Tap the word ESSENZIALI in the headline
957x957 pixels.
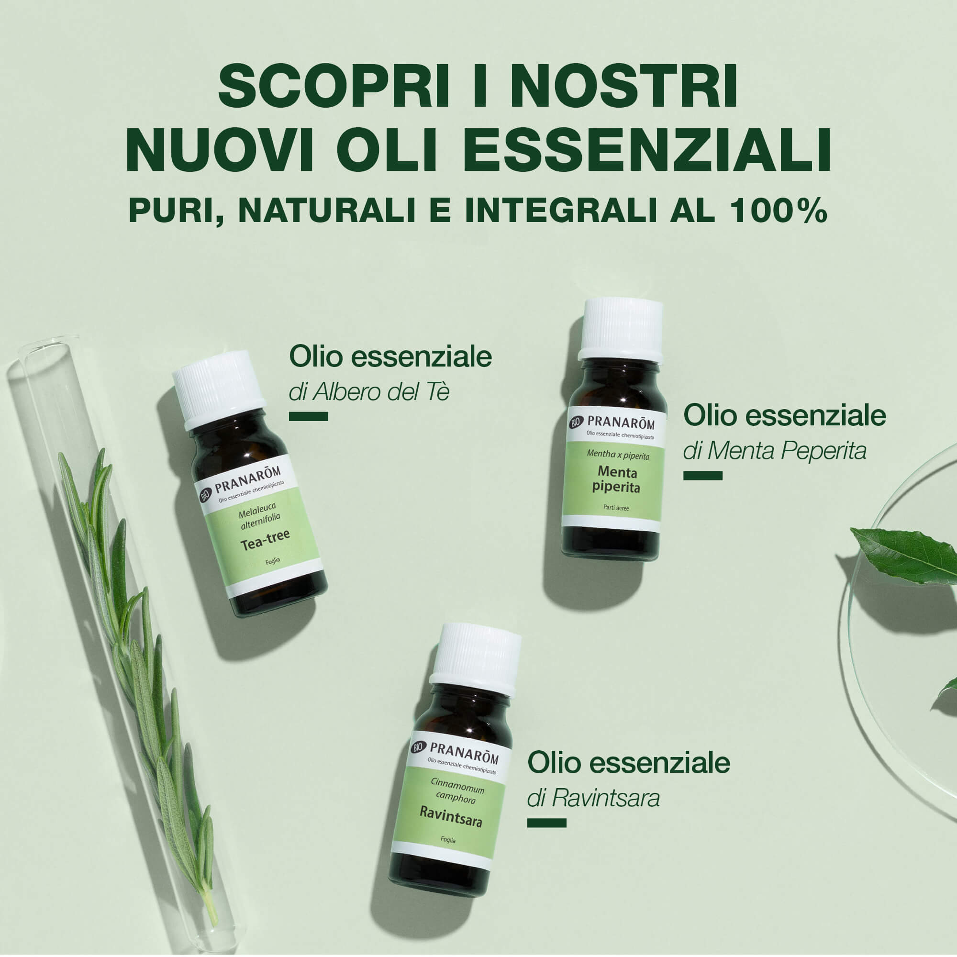point(646,150)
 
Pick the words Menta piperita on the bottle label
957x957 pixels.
point(616,479)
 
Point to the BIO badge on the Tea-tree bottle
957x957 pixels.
point(205,495)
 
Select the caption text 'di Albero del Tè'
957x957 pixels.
point(369,392)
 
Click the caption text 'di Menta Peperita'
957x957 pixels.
point(775,451)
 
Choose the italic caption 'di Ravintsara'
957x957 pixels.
point(593,799)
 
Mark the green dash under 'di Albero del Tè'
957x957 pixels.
point(309,417)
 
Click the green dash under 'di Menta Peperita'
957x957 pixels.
point(703,476)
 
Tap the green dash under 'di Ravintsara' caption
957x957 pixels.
point(546,823)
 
